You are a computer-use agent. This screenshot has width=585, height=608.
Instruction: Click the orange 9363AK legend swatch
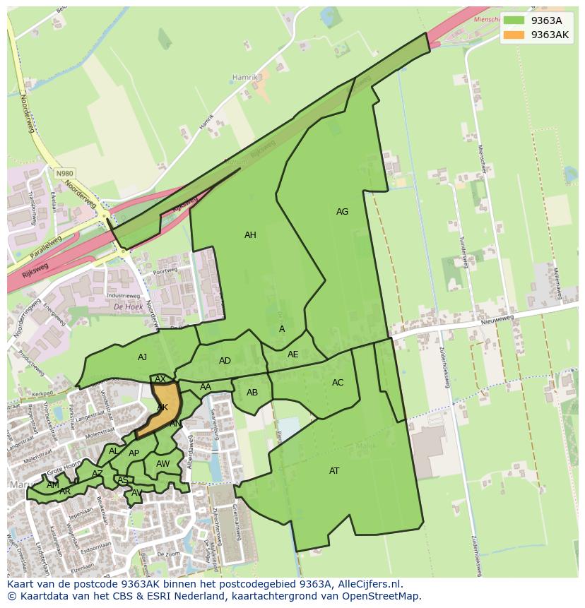click(x=514, y=35)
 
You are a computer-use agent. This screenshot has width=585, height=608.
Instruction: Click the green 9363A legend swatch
click(x=514, y=20)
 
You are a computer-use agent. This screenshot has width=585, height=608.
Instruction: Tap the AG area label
click(x=342, y=212)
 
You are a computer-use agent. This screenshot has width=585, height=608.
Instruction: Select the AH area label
click(x=250, y=235)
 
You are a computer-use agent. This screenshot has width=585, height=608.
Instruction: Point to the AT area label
click(x=334, y=471)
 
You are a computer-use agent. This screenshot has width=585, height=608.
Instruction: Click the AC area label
click(x=338, y=383)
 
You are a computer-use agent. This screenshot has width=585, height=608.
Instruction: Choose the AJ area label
click(x=142, y=357)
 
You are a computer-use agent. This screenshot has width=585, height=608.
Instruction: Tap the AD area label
click(x=225, y=361)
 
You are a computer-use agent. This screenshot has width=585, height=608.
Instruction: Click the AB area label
click(x=252, y=393)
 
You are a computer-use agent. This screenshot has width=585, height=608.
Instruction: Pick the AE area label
click(x=292, y=354)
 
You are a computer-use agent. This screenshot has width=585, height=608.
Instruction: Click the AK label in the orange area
click(x=162, y=407)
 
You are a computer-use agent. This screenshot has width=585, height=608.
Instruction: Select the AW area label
click(x=163, y=464)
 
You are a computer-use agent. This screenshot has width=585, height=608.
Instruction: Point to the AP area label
click(x=134, y=453)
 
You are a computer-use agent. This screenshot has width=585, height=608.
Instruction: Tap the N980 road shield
click(x=64, y=173)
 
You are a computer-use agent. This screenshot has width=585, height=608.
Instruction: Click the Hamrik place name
click(x=245, y=77)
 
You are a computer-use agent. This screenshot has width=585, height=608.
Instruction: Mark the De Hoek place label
click(x=128, y=307)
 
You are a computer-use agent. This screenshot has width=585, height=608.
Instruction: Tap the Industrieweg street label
click(x=123, y=295)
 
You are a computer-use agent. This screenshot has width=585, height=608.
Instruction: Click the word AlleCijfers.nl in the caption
click(x=365, y=584)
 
